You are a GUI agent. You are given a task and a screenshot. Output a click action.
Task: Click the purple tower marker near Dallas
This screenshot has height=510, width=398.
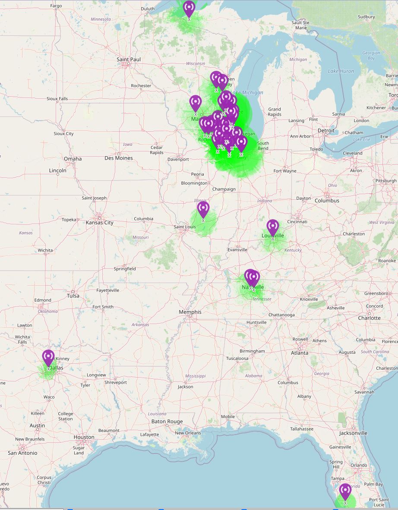tap(48, 358)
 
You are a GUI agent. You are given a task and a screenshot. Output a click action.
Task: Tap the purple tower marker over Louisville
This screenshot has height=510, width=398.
tap(273, 227)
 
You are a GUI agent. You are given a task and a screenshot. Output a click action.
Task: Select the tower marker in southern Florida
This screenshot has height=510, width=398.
tap(345, 491)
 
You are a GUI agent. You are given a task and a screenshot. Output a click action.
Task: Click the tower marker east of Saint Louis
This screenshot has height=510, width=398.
tap(203, 209)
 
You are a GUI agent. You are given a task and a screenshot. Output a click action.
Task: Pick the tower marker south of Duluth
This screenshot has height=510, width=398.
tap(189, 8)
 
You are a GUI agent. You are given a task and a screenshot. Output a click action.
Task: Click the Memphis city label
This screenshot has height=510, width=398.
tap(190, 312)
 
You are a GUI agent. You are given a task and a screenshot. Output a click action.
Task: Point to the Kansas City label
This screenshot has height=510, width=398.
tap(100, 223)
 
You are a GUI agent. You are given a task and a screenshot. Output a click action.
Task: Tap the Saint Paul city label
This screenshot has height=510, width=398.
tap(129, 59)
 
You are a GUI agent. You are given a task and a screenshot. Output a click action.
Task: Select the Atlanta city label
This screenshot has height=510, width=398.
tap(300, 353)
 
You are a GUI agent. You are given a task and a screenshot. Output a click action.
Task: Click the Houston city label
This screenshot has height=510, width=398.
tap(84, 437)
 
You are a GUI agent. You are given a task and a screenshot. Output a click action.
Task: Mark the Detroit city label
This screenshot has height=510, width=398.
tap(326, 130)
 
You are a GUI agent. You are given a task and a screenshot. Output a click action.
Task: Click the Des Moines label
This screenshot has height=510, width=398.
tap(119, 158)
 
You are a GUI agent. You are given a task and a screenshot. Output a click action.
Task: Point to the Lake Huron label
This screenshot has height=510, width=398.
tap(341, 71)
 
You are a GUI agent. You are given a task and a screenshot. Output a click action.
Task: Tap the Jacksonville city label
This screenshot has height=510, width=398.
tap(353, 433)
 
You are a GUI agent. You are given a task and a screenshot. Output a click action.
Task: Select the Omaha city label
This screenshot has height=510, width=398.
tap(73, 158)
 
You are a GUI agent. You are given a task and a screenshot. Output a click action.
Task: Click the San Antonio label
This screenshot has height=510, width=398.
tap(22, 453)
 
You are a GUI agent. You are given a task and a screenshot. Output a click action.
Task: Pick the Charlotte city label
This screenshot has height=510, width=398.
tap(369, 318)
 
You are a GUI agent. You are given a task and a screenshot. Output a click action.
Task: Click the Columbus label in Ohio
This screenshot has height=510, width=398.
tap(327, 201)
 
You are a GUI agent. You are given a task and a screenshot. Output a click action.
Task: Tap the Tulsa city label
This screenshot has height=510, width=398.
tap(73, 296)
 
